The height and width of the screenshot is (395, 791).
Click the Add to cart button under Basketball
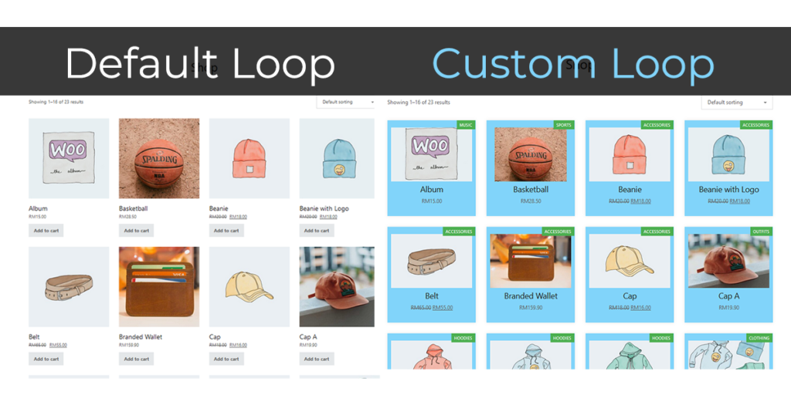[x=137, y=230]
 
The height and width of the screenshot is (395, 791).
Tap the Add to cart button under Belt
[x=46, y=359]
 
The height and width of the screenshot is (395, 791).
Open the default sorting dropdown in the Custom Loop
[x=736, y=102]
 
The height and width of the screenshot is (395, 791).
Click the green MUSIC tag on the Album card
[x=466, y=125]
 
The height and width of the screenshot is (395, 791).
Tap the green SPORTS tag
[x=564, y=125]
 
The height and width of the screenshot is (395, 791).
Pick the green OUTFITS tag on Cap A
[x=761, y=231]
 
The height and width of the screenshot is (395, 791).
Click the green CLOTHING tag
[x=759, y=338]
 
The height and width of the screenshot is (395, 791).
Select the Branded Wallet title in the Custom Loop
[x=530, y=295]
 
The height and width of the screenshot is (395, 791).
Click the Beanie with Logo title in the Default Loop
[x=324, y=208]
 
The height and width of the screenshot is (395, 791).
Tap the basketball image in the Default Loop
[x=159, y=158]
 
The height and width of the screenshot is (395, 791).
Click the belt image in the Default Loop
[x=69, y=287]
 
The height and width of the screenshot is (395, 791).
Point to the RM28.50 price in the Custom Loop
[x=531, y=201]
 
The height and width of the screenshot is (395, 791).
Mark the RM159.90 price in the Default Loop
[x=129, y=346]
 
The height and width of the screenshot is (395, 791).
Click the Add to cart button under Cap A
[x=317, y=359]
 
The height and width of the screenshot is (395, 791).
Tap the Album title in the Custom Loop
[x=431, y=189]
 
